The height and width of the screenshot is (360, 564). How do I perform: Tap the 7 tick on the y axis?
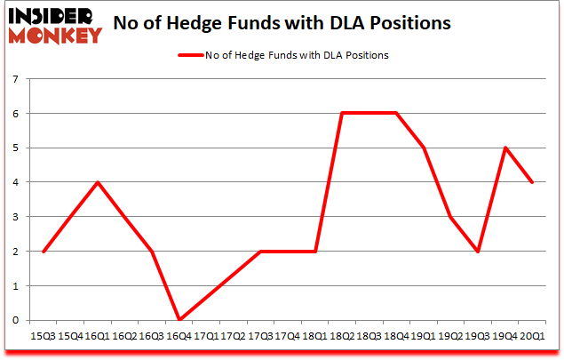pos(16,80)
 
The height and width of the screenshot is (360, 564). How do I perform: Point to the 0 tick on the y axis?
pos(16,320)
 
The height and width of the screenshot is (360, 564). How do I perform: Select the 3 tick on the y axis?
pos(16,217)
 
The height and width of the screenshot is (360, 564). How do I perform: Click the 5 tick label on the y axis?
pos(16,148)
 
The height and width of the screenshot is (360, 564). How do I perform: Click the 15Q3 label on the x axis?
pos(42,336)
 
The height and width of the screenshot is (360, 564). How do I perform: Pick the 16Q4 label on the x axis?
pos(179,336)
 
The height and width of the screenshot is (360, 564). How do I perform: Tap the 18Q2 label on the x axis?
pos(342,336)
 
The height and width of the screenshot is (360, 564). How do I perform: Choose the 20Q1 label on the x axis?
pos(532,336)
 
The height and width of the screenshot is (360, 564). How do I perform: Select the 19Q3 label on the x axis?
pos(478,336)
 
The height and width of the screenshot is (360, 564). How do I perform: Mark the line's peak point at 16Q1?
pos(97,182)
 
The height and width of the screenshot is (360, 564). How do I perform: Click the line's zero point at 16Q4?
pos(179,319)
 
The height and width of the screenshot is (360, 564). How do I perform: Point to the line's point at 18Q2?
pos(341,114)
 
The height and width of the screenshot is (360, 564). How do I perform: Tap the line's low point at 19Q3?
pos(478,251)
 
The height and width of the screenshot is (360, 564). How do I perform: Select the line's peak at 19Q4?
pos(504,148)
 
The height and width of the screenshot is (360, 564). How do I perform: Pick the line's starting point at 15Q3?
pos(43,251)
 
